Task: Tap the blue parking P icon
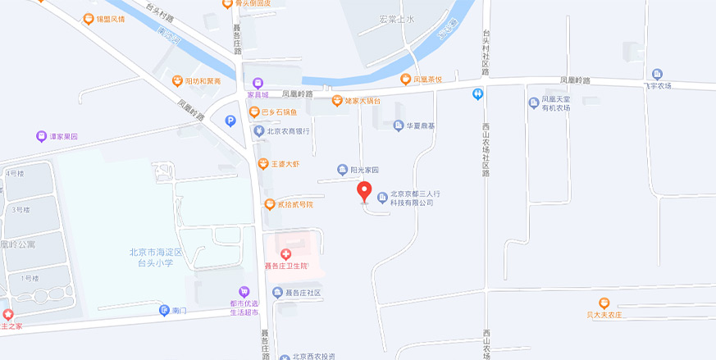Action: [x=230, y=121]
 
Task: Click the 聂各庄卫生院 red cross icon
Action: [x=285, y=255]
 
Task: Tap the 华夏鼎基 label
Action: [x=421, y=126]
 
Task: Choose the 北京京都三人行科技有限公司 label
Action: [x=416, y=198]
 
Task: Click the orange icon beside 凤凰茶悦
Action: [x=405, y=80]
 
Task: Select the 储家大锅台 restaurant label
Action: [x=362, y=101]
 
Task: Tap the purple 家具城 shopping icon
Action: [x=258, y=83]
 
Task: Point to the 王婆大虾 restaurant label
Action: [x=285, y=164]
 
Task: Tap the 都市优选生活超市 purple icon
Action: [x=244, y=292]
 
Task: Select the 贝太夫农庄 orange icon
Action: [x=604, y=303]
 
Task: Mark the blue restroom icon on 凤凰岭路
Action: [x=478, y=94]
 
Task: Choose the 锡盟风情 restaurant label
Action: [x=114, y=18]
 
